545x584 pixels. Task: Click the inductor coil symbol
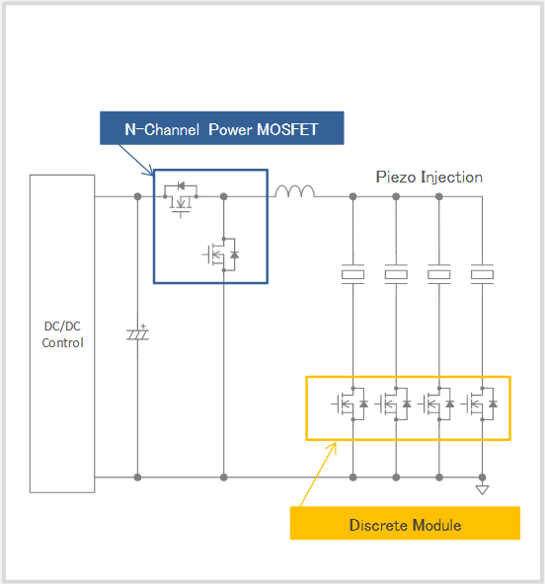click(x=295, y=191)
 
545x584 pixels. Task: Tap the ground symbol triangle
click(x=482, y=489)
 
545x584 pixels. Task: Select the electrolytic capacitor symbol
click(x=137, y=334)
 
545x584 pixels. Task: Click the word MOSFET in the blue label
click(x=287, y=129)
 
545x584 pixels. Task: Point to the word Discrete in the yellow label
click(x=379, y=525)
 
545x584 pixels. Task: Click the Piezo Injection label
click(x=429, y=178)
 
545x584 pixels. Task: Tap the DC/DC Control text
click(x=62, y=334)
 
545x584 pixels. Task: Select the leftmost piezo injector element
click(x=353, y=274)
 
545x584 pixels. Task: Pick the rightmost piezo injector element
click(x=482, y=274)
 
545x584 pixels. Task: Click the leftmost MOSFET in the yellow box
click(x=350, y=403)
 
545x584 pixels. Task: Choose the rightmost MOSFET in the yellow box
click(x=480, y=403)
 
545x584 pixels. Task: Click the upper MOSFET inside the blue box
click(x=181, y=199)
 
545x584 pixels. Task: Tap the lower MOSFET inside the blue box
click(x=221, y=255)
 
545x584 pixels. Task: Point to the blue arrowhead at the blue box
click(x=150, y=171)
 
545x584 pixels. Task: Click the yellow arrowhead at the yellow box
click(x=333, y=447)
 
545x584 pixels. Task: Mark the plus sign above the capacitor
click(x=143, y=327)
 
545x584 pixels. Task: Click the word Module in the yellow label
click(x=437, y=525)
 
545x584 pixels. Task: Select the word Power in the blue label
click(x=230, y=129)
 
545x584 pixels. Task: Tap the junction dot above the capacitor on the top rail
click(x=137, y=196)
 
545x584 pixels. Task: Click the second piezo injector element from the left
click(x=396, y=274)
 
